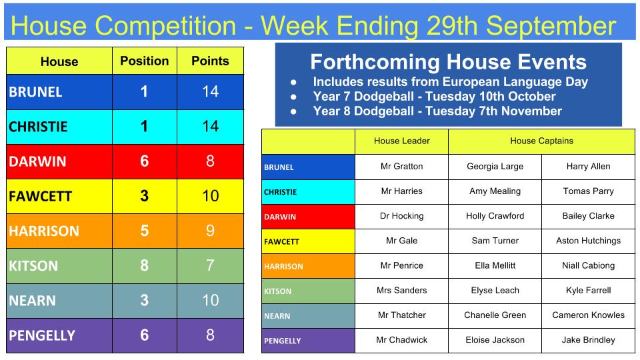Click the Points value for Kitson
coord(210,266)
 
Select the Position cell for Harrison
coord(145,231)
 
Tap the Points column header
coord(210,61)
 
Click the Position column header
coord(145,61)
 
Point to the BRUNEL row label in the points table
coord(35,92)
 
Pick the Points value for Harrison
coord(210,231)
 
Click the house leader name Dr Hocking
coord(401,216)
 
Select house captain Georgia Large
coord(495,167)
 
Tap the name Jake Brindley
coord(588,340)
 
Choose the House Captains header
coord(541,141)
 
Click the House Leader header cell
coord(401,141)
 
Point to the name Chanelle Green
coord(495,315)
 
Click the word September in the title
coord(551,26)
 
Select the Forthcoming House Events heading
coord(448,62)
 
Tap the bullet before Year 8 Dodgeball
coord(293,111)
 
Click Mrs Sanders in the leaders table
coord(401,290)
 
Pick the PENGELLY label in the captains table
coord(283,341)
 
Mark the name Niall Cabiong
coord(588,266)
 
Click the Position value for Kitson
coord(145,266)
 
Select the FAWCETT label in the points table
coord(41,196)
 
